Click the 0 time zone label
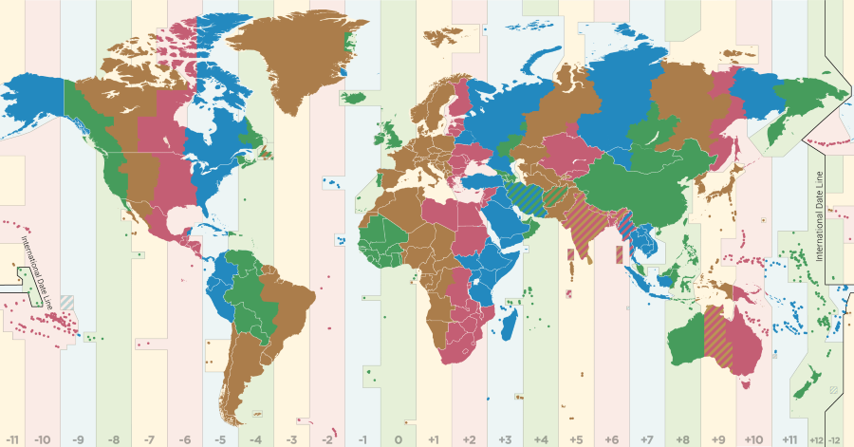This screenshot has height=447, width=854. pos(399,439)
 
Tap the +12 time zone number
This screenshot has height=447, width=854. pos(817,439)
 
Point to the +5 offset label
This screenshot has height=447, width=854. pos(576,439)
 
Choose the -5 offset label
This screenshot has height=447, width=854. pos(220,439)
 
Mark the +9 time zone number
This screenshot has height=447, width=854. pos(718,439)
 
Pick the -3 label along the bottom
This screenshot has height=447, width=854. pos(291,439)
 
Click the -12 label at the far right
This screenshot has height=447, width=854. pos(836,439)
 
